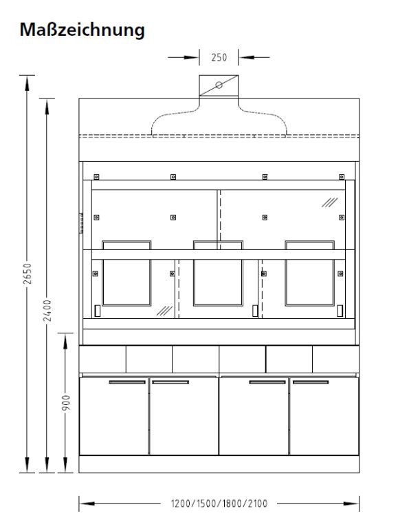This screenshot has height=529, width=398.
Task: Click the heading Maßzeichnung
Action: click(x=82, y=30)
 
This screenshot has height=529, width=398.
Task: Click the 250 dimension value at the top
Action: click(x=219, y=58)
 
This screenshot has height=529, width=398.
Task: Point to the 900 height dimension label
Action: click(x=66, y=403)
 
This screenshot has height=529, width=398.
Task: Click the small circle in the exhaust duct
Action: click(x=219, y=85)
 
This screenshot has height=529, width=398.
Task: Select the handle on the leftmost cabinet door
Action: click(x=127, y=382)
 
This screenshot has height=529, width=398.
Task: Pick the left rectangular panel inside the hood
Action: click(x=126, y=276)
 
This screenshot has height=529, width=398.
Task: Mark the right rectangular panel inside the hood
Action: click(x=309, y=276)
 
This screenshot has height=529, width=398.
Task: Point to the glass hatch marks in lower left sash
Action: click(x=164, y=311)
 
